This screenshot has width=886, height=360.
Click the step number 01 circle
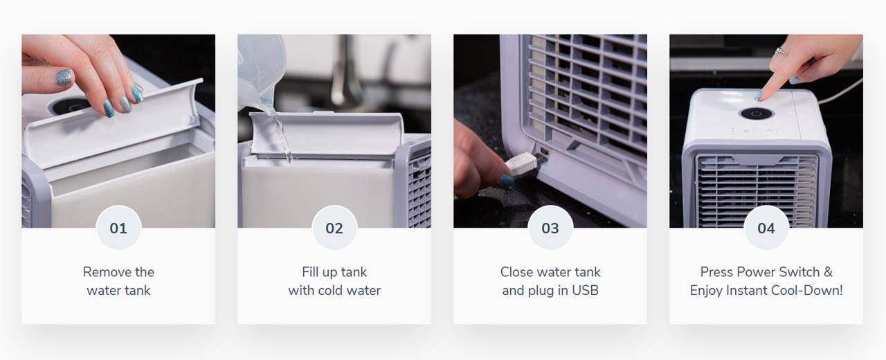click(118, 228)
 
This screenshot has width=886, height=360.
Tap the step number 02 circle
click(334, 228)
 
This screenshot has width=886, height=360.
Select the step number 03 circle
click(550, 228)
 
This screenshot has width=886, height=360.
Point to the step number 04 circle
click(766, 228)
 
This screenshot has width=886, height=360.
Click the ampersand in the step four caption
click(828, 272)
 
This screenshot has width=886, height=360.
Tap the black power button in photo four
click(756, 114)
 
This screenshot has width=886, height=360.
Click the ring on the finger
click(781, 51)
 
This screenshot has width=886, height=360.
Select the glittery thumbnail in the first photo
click(64, 78)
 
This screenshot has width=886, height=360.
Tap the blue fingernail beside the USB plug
click(507, 181)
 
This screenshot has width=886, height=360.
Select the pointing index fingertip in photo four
click(761, 95)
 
